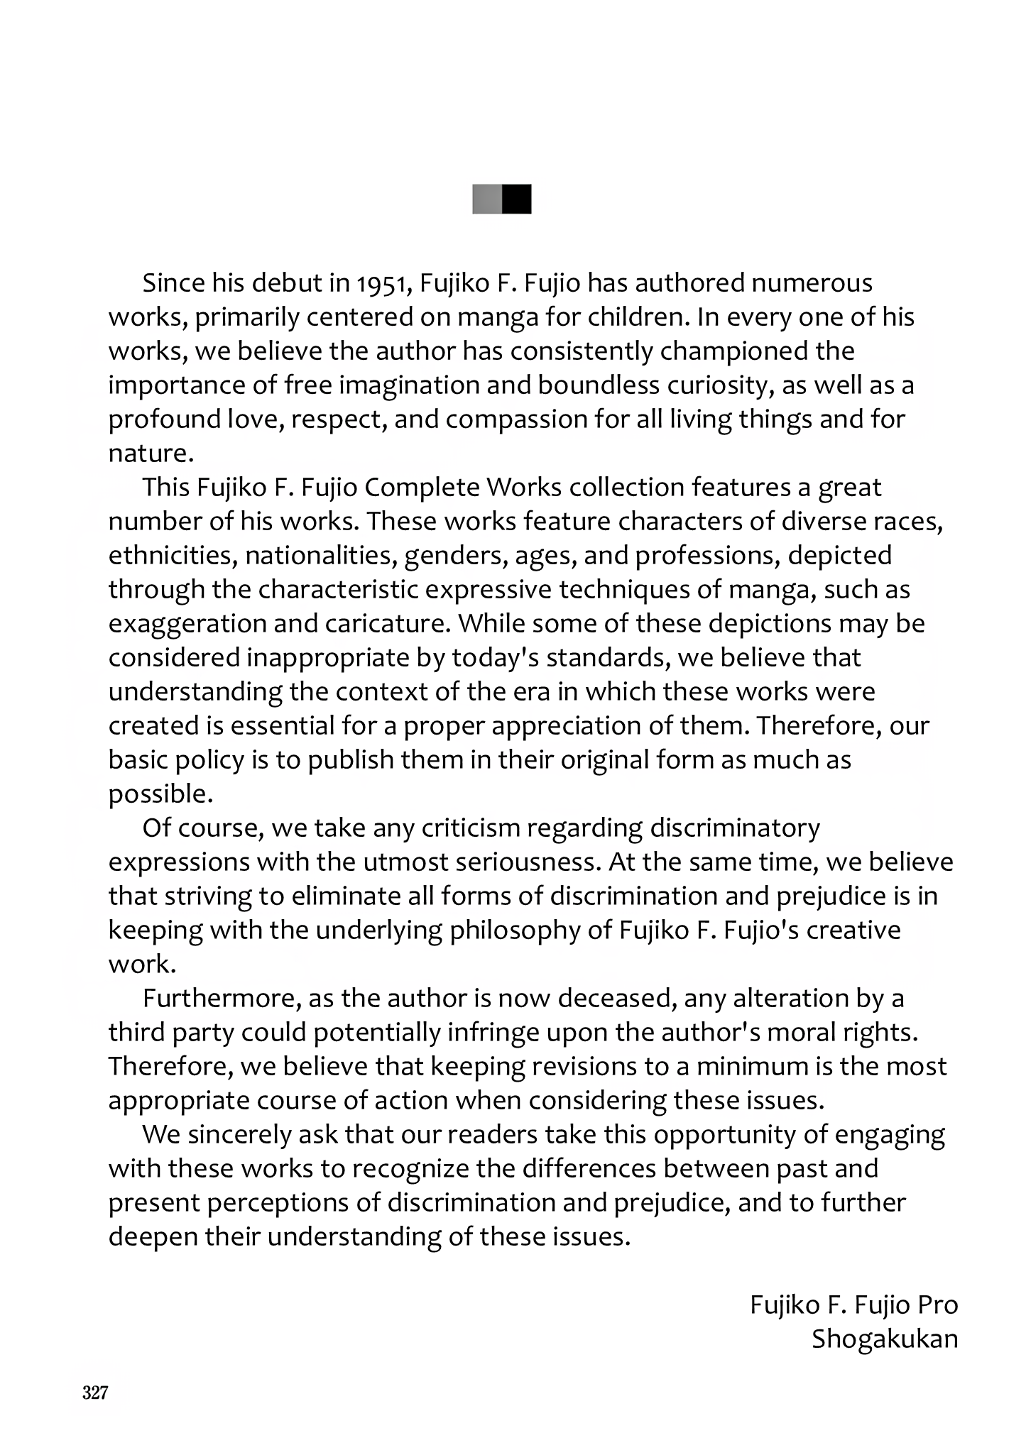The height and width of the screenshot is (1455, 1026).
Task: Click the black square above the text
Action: (516, 199)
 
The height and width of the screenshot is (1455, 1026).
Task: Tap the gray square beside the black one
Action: (487, 199)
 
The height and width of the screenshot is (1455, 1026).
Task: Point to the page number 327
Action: (95, 1393)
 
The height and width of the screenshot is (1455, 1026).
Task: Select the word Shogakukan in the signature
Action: (885, 1339)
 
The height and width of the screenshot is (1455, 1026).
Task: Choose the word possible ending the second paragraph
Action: (160, 794)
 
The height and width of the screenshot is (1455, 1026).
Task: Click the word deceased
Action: (618, 999)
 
